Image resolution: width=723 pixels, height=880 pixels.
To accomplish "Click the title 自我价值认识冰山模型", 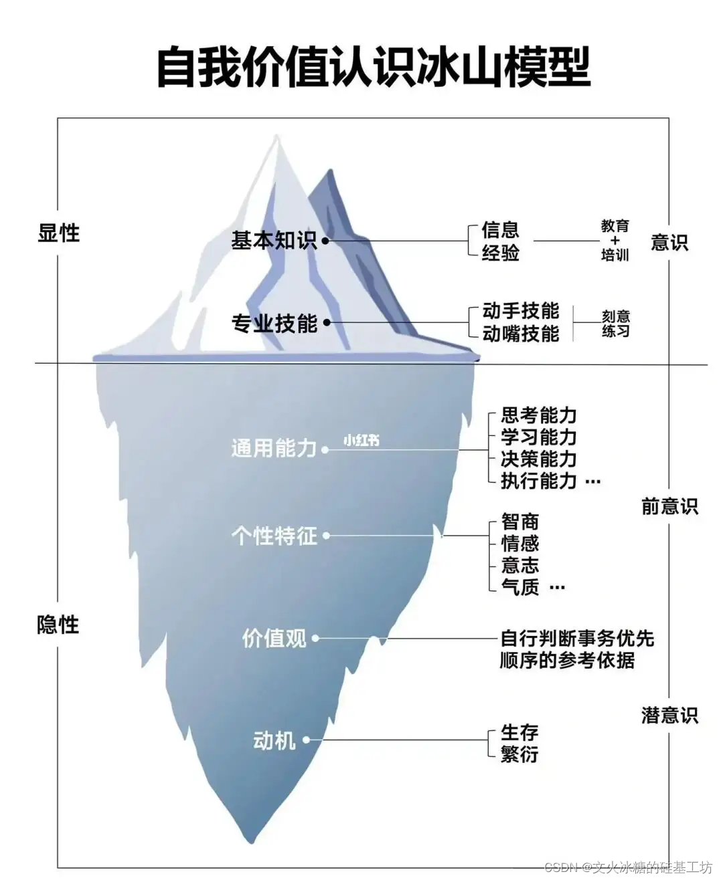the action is pos(373,67).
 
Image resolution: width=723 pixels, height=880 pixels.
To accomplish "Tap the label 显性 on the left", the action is pos(59,233).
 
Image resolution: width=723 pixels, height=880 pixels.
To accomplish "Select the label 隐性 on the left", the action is pos(58,625).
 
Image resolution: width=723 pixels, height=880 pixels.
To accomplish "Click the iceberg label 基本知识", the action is pos(274,240).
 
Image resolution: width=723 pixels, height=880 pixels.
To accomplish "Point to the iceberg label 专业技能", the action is pos(274,324).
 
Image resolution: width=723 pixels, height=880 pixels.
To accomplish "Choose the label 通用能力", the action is pos(274,448).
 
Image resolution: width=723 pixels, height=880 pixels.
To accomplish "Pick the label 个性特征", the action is pos(274,536).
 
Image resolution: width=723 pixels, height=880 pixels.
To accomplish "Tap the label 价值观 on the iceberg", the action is pos(274,639).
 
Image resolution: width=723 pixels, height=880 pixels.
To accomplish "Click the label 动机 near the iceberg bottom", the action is pos(274,740).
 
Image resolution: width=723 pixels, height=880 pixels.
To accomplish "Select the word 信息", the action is pos(501,230).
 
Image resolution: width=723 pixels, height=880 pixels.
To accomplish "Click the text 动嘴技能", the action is pos(521,333).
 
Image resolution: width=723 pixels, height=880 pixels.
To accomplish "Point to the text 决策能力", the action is pos(539,459).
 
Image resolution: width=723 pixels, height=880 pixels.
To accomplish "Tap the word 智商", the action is pos(520,522).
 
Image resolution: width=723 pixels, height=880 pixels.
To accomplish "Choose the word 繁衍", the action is pos(519,754).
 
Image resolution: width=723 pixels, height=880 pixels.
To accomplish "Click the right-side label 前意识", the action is pos(669,507).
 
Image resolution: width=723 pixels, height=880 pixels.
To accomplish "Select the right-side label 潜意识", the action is pos(669,716).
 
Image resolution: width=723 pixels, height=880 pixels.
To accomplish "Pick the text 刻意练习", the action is pos(615,323).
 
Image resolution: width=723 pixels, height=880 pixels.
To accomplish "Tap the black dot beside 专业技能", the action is pos(327,323).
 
